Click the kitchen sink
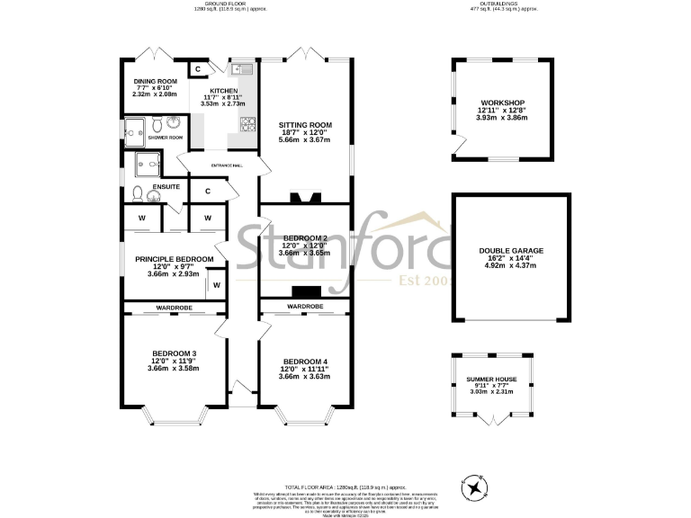tap(242, 70)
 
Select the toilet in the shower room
tap(158, 124)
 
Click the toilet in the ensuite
tap(137, 192)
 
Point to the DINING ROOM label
tap(155, 80)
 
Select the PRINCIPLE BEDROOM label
tap(175, 259)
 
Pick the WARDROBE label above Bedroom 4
tap(305, 307)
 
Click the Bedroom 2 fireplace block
tap(305, 290)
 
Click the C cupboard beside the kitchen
tap(196, 69)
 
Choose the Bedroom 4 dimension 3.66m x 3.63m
tap(304, 376)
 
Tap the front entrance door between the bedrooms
tap(239, 388)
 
